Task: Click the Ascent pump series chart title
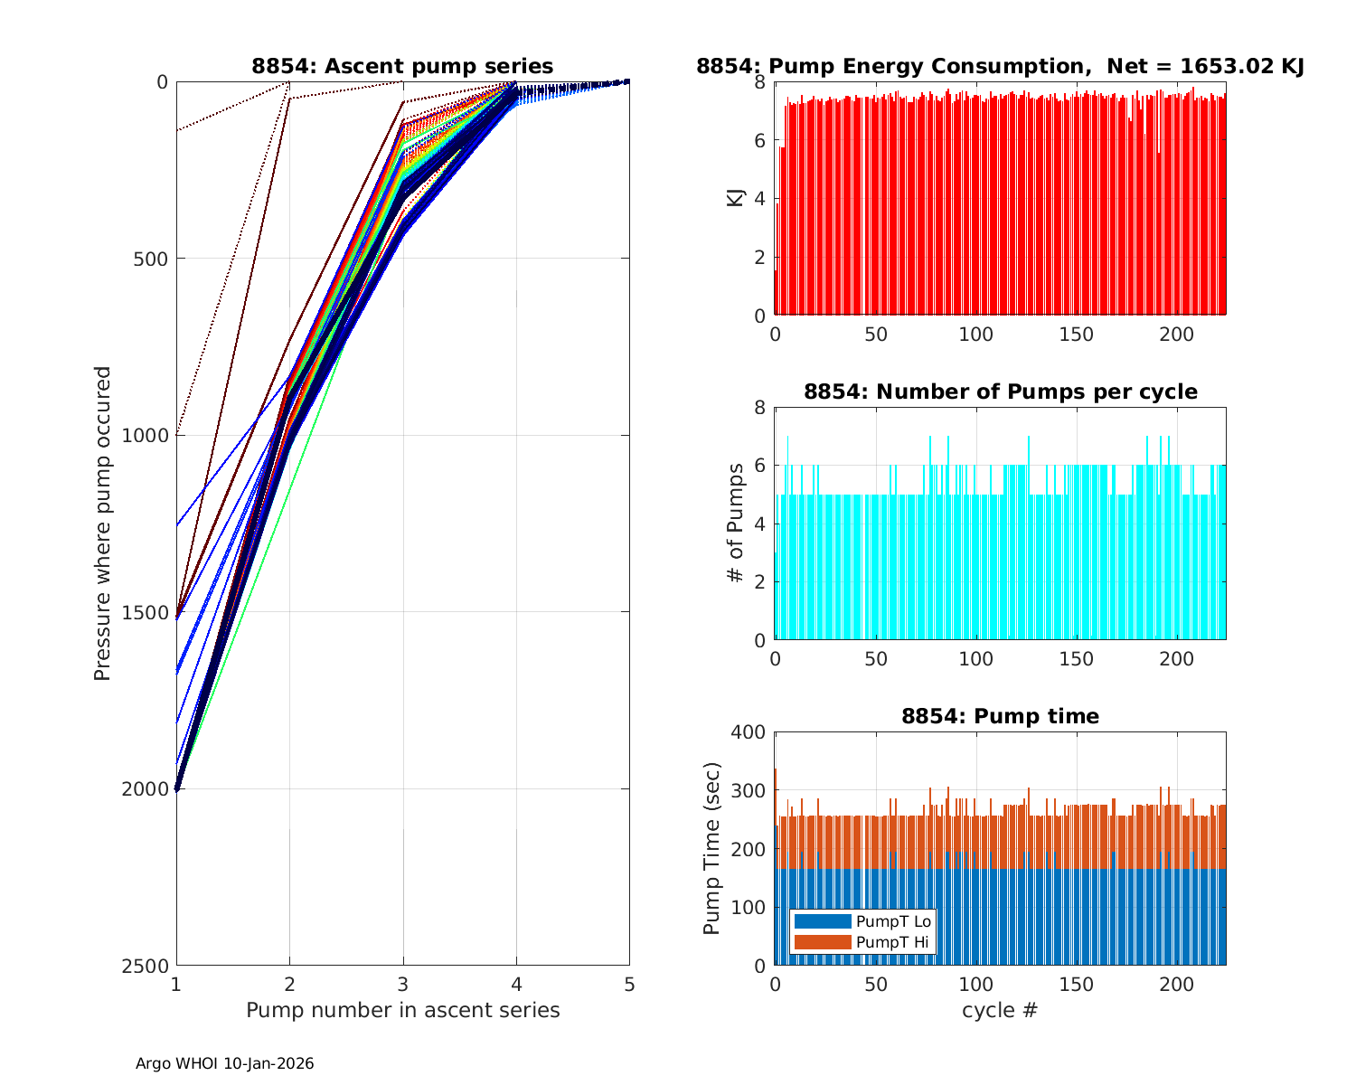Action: pos(402,66)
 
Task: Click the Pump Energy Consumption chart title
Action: pos(1000,66)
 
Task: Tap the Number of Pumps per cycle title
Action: pos(1000,392)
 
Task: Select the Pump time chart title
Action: pos(1000,716)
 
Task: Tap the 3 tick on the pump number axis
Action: pos(403,984)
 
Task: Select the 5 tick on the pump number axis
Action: pos(629,984)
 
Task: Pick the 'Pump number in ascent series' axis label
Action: pos(402,1010)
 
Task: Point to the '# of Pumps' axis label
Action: pos(735,523)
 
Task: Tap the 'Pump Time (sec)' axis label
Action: pos(712,848)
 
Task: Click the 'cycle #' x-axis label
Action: pos(1000,1010)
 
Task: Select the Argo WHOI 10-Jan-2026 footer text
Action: pos(224,1064)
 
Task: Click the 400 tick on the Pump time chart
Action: pos(748,732)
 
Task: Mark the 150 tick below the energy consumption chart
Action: pos(1076,335)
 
